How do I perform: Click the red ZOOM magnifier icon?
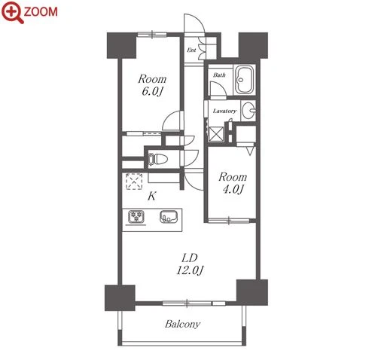12,12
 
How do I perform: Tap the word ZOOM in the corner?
41,12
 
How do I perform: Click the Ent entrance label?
191,50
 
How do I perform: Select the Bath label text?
219,75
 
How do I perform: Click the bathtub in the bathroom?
245,80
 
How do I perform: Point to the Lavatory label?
224,111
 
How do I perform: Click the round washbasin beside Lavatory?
248,110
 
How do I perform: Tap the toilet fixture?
157,159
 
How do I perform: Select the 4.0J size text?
233,189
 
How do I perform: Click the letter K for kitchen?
152,196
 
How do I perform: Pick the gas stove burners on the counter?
136,216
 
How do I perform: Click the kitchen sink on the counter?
169,217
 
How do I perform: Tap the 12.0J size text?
190,270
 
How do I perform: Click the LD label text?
190,258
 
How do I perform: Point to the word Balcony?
182,324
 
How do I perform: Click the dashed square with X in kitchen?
134,181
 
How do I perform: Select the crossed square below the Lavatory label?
216,134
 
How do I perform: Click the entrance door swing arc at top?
194,23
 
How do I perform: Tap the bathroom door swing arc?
218,89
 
